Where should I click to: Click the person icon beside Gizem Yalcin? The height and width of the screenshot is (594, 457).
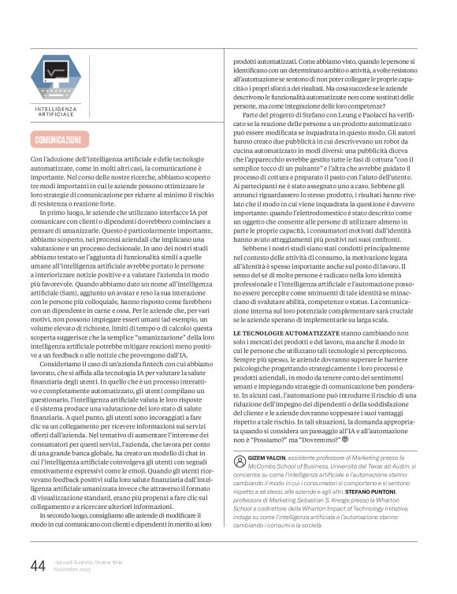coord(240,459)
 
